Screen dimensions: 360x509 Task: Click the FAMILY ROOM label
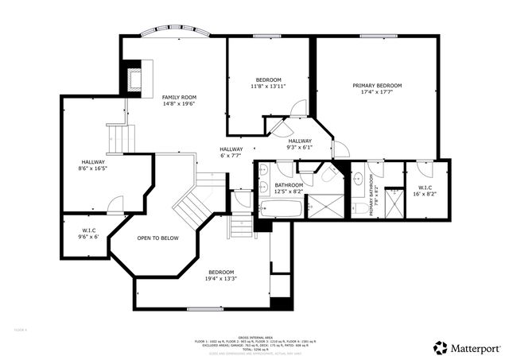click(179, 97)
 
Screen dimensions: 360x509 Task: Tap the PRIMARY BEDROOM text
click(377, 85)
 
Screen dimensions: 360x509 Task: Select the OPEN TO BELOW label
click(157, 238)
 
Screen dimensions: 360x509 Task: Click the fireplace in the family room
click(131, 78)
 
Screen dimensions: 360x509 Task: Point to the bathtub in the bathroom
click(280, 210)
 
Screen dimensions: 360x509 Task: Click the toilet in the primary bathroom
click(359, 208)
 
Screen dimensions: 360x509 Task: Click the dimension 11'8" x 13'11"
click(268, 86)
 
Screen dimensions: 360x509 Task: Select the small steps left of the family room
click(117, 137)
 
